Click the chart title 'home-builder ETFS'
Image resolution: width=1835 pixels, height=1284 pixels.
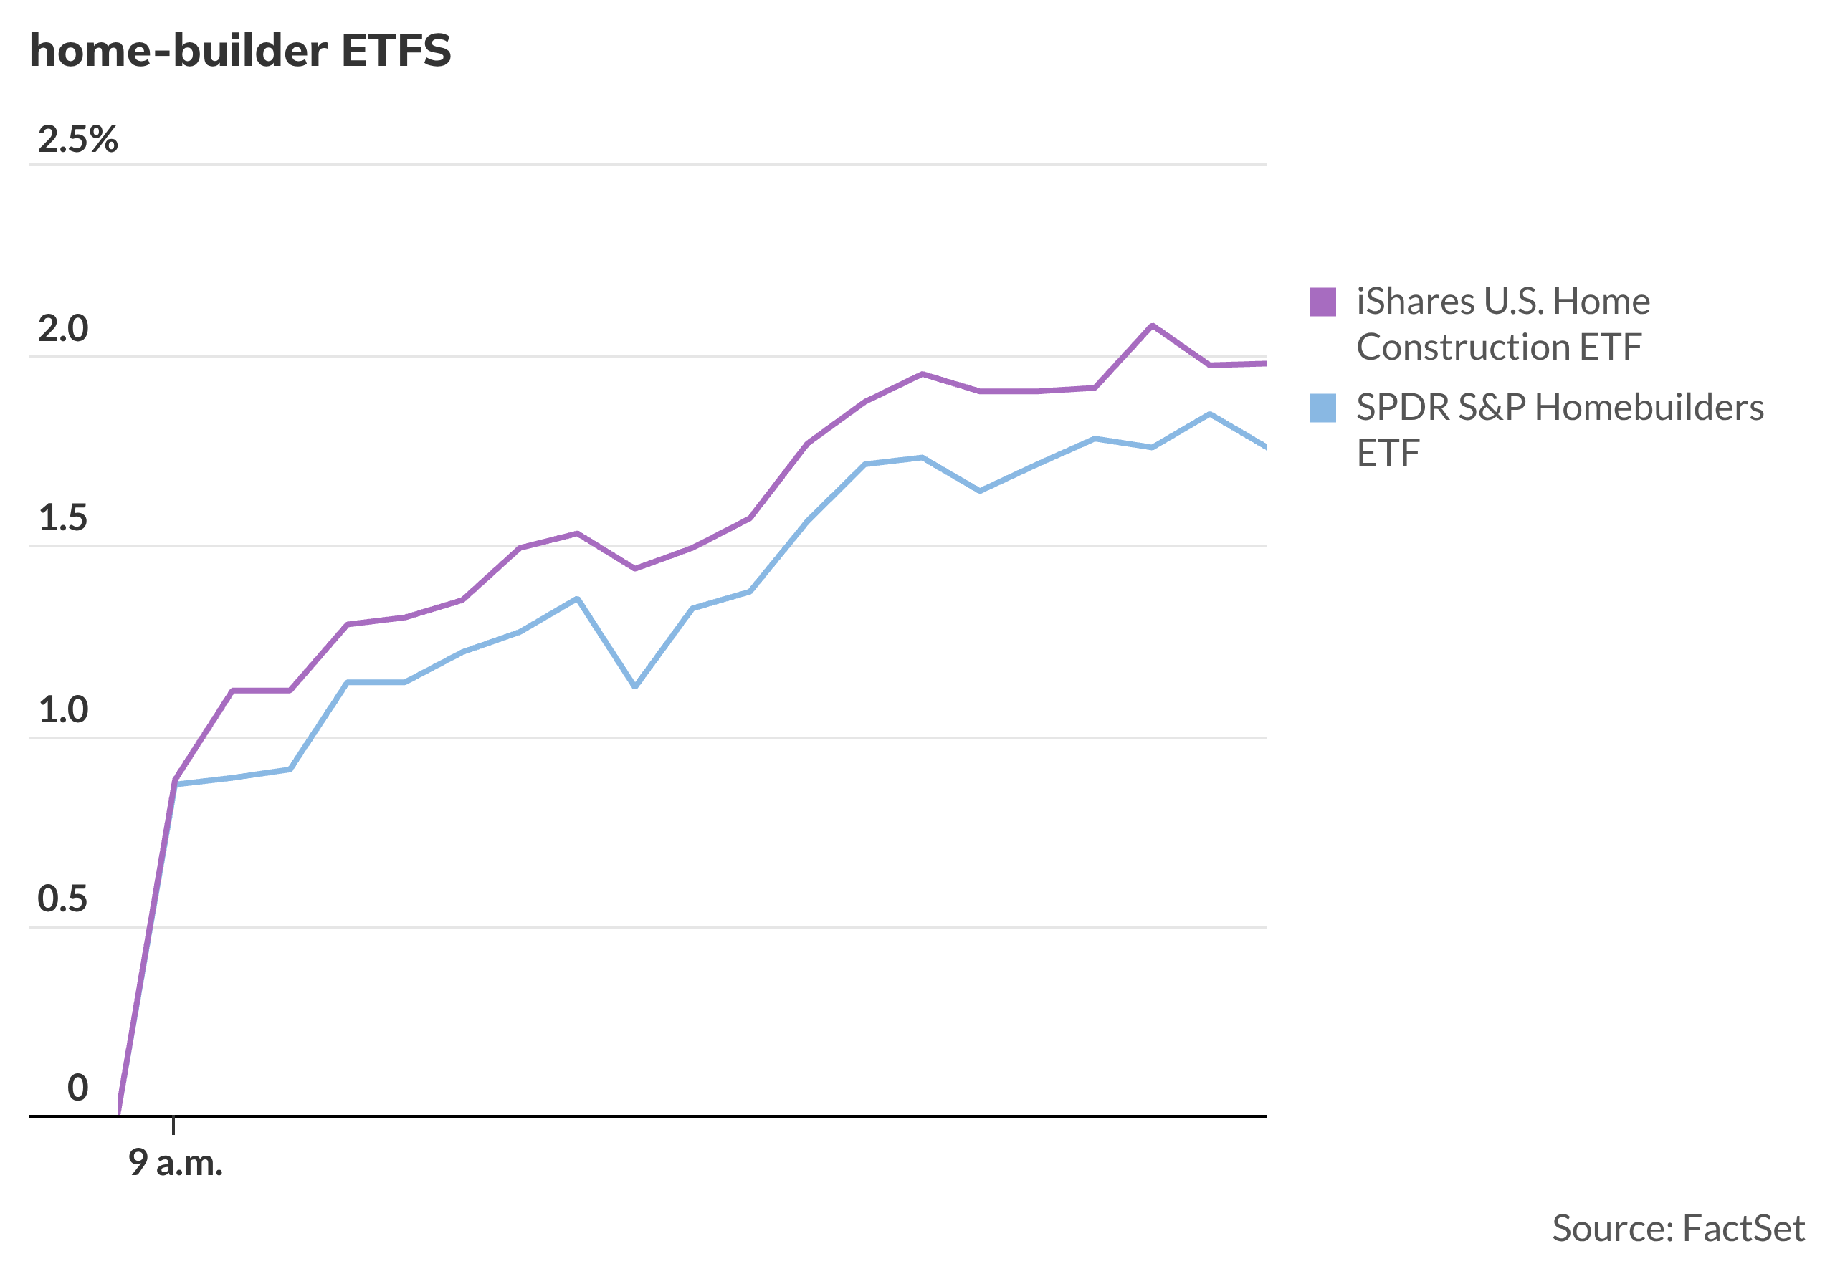point(239,51)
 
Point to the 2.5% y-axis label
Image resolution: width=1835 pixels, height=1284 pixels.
point(77,140)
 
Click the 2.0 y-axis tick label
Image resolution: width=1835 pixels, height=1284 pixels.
point(63,329)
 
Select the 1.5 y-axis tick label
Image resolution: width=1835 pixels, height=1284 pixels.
point(63,519)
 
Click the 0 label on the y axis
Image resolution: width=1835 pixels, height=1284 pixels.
point(77,1088)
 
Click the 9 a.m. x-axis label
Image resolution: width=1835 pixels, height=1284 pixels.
point(176,1164)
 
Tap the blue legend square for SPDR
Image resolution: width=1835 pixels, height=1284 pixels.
point(1323,408)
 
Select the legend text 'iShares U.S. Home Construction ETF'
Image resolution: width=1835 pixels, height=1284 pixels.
point(1503,325)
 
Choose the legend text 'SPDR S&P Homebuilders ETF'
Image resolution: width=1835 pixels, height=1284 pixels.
point(1560,431)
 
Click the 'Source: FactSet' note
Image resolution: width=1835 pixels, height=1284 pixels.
point(1678,1229)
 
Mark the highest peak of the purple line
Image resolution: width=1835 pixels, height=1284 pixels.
point(1152,325)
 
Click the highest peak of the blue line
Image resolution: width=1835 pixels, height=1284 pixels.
point(1210,414)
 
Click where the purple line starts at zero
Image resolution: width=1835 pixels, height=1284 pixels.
point(119,1113)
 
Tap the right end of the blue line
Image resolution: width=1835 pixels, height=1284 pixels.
point(1267,449)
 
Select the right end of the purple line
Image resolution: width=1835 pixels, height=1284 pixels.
point(1267,363)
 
